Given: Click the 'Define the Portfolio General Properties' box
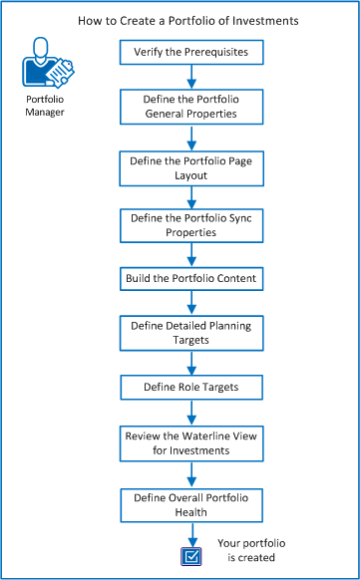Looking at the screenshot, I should (x=190, y=108).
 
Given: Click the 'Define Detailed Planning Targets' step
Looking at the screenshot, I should (x=190, y=332).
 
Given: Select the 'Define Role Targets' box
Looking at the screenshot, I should (x=190, y=385).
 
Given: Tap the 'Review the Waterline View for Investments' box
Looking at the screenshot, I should (x=190, y=442).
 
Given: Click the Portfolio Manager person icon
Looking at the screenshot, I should (x=45, y=65).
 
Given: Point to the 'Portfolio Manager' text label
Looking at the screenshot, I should (x=44, y=106).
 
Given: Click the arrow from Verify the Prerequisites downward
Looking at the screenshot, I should (x=190, y=78).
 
